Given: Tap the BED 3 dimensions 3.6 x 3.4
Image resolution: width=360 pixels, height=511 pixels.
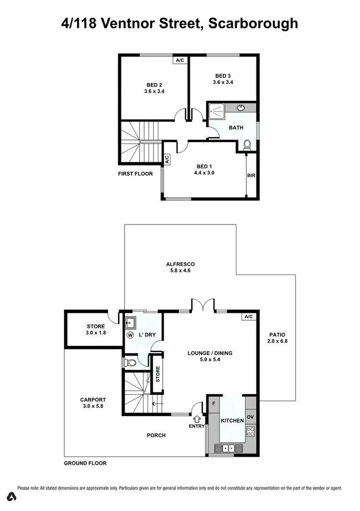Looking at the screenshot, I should click(x=223, y=82).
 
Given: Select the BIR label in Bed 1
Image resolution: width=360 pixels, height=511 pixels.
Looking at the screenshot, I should click(x=251, y=176).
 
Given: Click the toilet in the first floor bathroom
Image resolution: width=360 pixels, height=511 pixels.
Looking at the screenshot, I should click(x=248, y=143).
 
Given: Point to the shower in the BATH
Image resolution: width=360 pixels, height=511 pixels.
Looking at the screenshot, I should click(x=216, y=112).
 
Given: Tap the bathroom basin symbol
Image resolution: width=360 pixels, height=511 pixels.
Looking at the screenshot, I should click(x=240, y=107).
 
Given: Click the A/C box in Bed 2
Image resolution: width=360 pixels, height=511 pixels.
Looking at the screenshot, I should click(x=180, y=60).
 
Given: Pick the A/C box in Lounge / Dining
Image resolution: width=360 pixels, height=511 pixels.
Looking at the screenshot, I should click(x=248, y=317).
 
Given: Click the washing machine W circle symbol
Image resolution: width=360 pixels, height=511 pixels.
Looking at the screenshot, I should click(x=130, y=335).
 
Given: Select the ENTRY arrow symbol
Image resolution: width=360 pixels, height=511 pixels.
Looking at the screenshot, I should click(x=197, y=419).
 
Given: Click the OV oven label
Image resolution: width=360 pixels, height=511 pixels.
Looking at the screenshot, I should click(x=251, y=417).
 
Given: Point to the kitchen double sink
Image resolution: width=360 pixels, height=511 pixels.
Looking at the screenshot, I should click(x=228, y=448).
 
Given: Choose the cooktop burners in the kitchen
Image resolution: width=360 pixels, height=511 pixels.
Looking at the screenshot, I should click(x=251, y=431).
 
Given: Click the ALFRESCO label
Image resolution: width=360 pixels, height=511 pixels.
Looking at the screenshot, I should click(x=180, y=264).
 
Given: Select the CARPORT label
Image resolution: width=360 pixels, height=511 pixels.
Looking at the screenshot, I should click(x=93, y=399).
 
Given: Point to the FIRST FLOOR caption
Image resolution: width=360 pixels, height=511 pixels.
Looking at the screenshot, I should click(x=135, y=174).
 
